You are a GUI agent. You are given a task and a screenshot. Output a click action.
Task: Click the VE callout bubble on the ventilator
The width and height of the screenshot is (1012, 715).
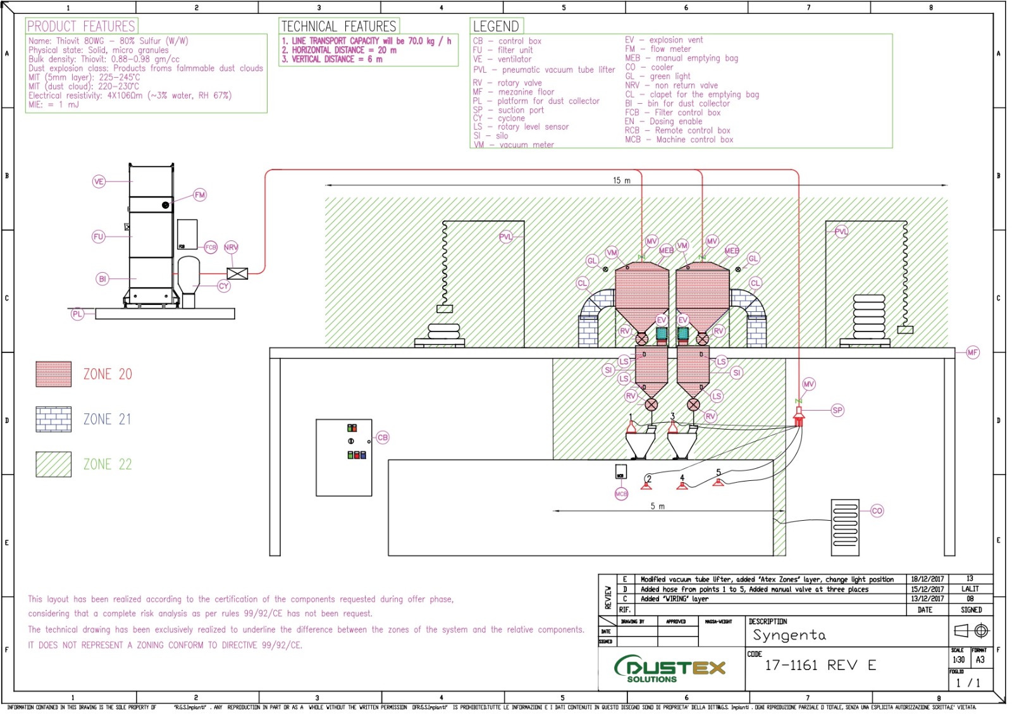coord(99,182)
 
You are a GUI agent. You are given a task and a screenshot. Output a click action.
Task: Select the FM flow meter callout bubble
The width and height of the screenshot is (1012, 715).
coord(200,195)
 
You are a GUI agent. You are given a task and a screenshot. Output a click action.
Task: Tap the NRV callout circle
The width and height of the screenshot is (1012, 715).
coord(231,247)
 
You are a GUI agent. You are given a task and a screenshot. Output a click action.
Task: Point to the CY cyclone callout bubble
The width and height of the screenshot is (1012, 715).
coord(223,286)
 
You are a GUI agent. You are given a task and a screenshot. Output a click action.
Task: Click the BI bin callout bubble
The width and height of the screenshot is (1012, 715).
coord(102,278)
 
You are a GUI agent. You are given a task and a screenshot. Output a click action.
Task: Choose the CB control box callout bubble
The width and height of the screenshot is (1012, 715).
coord(383,437)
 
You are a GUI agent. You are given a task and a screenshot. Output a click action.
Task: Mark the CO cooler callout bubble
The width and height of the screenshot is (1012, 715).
coord(877,511)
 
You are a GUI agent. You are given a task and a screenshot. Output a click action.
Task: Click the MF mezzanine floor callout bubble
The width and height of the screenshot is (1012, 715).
coord(973,352)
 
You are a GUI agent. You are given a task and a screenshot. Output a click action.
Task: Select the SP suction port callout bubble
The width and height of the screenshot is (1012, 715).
coord(837,410)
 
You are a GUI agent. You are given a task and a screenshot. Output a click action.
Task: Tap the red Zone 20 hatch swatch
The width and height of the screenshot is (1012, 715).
coord(54,374)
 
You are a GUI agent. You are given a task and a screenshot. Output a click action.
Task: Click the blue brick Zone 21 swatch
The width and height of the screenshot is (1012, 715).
coord(54,419)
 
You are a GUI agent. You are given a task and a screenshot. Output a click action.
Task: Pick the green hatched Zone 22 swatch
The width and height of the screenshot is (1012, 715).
coord(54,464)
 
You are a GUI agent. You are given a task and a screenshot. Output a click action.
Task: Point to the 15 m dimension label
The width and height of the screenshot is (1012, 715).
coord(621,180)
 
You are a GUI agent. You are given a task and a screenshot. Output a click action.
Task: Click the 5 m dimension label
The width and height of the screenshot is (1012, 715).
coord(658,506)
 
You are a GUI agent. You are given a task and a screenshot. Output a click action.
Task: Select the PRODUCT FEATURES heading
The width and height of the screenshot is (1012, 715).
coord(81,26)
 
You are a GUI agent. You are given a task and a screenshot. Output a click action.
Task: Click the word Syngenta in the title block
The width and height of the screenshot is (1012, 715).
coord(789,635)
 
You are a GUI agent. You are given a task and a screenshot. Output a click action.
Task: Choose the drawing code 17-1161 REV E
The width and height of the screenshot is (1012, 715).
coord(820,665)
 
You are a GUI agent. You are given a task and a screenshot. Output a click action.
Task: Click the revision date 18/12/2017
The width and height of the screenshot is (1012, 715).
coord(927,579)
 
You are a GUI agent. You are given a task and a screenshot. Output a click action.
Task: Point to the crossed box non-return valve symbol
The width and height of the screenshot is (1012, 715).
coord(237,273)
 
